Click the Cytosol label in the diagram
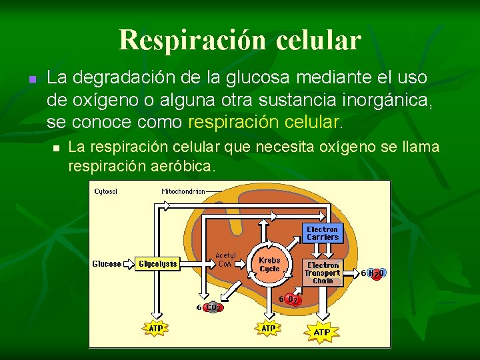tap(106, 191)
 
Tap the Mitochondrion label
tap(183, 191)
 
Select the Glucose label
tap(107, 264)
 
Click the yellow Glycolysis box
tap(158, 264)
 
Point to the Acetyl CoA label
tap(226, 259)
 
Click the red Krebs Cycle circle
tap(269, 264)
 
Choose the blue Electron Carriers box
tap(323, 233)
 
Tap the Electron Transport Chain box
tap(323, 273)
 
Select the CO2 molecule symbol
tap(213, 307)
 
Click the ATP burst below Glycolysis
tap(156, 328)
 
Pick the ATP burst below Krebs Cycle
tap(268, 328)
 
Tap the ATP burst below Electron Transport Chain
tap(322, 331)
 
